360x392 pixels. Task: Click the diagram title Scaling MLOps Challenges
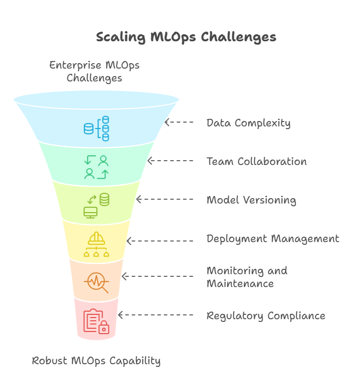tap(186, 37)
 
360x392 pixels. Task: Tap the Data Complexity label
tap(248, 123)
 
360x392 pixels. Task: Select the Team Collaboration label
tap(257, 162)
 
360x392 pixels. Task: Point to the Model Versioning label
tap(251, 200)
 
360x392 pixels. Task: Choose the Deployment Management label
tap(273, 239)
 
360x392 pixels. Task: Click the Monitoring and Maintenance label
tap(247, 277)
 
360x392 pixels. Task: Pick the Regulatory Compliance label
tap(266, 316)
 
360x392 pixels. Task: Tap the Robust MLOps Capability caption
tap(96, 361)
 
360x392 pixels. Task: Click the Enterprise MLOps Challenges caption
tap(94, 72)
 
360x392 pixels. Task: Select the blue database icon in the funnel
tap(96, 129)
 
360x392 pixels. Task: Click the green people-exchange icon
tap(96, 167)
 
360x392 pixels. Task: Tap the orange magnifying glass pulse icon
tap(96, 283)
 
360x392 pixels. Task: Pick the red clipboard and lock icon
tap(96, 321)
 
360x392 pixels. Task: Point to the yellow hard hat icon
tap(96, 238)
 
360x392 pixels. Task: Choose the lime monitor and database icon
tap(96, 206)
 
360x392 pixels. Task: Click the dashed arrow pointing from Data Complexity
tap(179, 122)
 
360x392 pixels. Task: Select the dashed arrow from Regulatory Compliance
tap(156, 315)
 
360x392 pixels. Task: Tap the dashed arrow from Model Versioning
tap(165, 199)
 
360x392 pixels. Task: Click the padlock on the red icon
tap(104, 327)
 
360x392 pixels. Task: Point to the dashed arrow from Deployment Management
tap(160, 241)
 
